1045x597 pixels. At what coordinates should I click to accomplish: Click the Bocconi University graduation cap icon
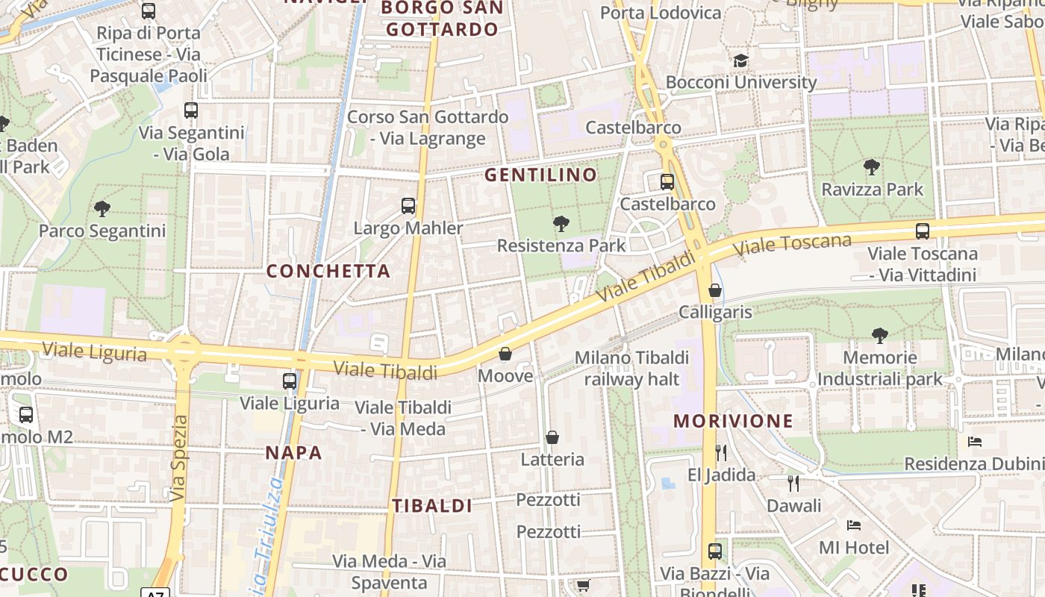[x=740, y=60]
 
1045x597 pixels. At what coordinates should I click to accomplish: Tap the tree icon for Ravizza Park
[x=871, y=167]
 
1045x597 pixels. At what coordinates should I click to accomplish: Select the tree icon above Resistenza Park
[x=561, y=223]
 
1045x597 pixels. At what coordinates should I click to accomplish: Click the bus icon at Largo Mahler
[x=408, y=205]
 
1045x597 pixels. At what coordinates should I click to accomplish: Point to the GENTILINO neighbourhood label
[x=541, y=175]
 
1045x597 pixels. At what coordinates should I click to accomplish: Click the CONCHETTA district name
[x=328, y=271]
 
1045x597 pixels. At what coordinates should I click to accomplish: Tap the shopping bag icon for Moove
[x=505, y=354]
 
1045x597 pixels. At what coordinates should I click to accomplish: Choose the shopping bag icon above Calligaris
[x=715, y=290]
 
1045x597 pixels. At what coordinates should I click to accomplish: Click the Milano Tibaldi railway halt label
[x=631, y=369]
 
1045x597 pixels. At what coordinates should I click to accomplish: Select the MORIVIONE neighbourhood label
[x=733, y=421]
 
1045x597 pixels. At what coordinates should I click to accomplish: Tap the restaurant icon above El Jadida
[x=721, y=452]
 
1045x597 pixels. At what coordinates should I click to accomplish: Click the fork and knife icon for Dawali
[x=793, y=483]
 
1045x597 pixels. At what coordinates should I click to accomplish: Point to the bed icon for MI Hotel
[x=854, y=525]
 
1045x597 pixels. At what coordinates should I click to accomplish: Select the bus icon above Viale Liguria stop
[x=290, y=381]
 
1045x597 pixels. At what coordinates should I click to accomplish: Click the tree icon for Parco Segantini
[x=102, y=209]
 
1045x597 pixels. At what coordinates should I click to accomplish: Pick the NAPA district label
[x=294, y=453]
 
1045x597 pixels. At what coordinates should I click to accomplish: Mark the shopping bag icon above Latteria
[x=552, y=437]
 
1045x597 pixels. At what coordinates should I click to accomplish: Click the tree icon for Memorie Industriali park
[x=880, y=336]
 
